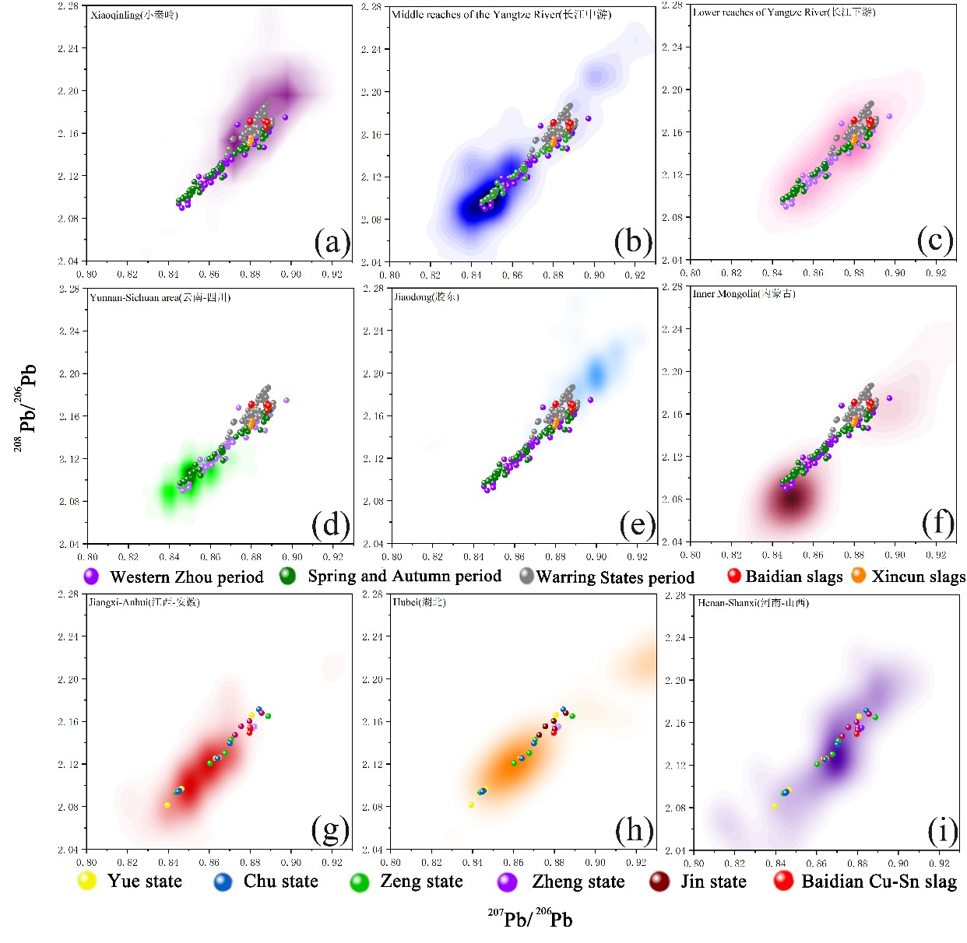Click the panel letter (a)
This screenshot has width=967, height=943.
[332, 243]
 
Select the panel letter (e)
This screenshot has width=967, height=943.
[637, 525]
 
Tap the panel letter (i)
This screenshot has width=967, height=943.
[942, 831]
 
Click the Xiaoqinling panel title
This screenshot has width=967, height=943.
[134, 15]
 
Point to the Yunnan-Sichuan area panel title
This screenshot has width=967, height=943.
[160, 297]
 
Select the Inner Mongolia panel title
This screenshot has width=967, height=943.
[744, 293]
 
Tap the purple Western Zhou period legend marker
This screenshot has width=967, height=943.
[91, 577]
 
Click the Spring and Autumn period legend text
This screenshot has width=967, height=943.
[404, 576]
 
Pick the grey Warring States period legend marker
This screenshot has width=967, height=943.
[526, 576]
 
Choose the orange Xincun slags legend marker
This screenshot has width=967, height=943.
[858, 576]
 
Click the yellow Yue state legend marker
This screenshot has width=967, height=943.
[86, 881]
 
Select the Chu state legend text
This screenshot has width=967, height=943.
[280, 882]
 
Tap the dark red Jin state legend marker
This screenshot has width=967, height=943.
[659, 882]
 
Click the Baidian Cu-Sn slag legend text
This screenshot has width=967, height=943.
[879, 882]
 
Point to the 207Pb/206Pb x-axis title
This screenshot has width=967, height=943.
[530, 919]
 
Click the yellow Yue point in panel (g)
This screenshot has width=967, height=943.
[167, 805]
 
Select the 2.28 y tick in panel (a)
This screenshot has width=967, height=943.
[69, 6]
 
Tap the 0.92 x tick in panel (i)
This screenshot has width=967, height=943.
[939, 863]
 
